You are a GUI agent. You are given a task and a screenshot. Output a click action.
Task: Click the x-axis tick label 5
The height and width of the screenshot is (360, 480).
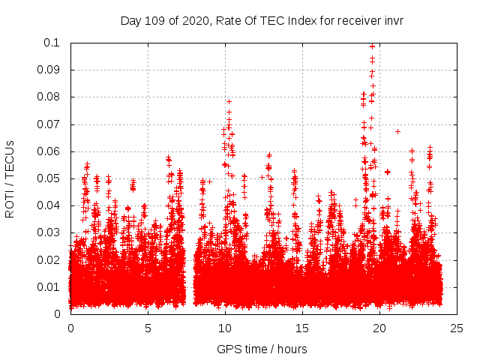[x=148, y=328]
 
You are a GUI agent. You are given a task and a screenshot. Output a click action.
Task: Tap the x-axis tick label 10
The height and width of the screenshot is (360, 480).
[x=225, y=328]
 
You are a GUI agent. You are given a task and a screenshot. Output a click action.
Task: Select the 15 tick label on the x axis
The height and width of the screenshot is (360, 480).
[x=302, y=328]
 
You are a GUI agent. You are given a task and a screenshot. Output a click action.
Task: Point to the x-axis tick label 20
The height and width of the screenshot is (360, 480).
[x=379, y=328]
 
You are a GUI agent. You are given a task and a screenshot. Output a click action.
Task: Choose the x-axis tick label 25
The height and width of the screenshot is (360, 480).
[x=457, y=328]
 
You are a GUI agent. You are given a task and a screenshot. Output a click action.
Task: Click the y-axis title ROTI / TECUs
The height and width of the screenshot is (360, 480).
[x=10, y=178]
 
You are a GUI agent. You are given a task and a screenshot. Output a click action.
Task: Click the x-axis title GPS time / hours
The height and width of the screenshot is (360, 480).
[x=262, y=349]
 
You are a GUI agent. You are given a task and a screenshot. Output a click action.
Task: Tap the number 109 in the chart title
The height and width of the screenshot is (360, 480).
[x=154, y=20]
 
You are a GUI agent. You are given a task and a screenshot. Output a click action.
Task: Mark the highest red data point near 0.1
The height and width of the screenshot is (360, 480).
[x=372, y=46]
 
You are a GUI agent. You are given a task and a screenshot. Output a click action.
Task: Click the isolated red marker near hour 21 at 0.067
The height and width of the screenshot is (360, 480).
[x=397, y=131]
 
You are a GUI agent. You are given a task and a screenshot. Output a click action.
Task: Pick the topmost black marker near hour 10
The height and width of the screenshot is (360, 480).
[x=229, y=101]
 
